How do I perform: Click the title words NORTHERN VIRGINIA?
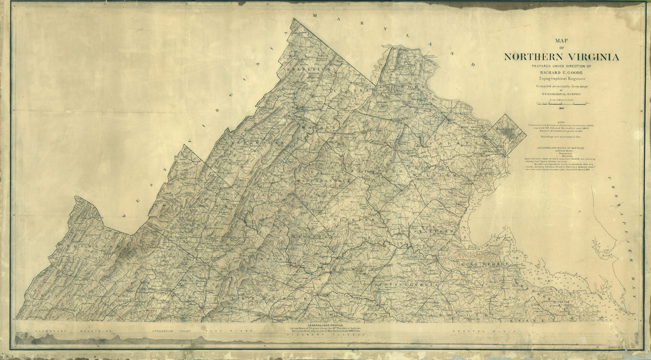pyautogui.click(x=561, y=57)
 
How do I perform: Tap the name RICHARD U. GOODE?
pyautogui.click(x=561, y=72)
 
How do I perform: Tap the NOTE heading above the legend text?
pyautogui.click(x=560, y=118)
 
